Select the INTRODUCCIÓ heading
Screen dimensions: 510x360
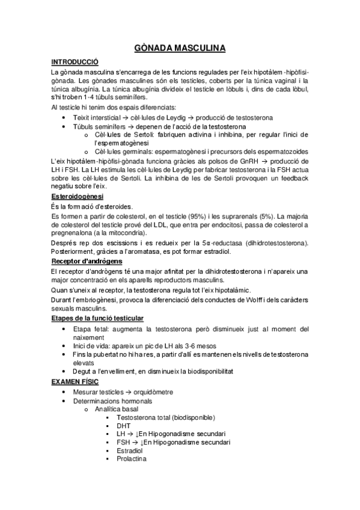point(75,62)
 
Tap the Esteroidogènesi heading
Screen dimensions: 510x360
point(78,197)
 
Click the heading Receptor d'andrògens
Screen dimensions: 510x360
point(87,261)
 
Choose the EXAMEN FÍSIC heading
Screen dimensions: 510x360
point(75,382)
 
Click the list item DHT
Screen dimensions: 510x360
point(124,425)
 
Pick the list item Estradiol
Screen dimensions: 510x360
point(130,450)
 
